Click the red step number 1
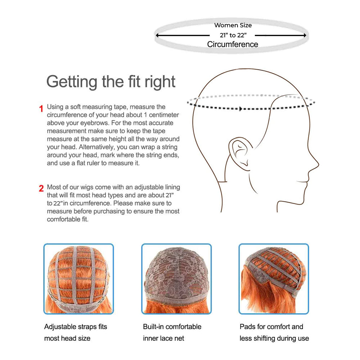click(x=41, y=109)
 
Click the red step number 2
click(x=41, y=189)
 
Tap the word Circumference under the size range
click(x=233, y=44)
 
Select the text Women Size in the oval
click(x=233, y=25)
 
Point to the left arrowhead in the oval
click(x=158, y=35)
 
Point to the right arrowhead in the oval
click(x=305, y=35)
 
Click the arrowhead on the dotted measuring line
click(x=240, y=109)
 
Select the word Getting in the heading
click(x=72, y=82)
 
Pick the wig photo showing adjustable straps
click(x=78, y=279)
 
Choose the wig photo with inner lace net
click(x=176, y=279)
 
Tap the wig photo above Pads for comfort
click(x=274, y=279)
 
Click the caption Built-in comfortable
click(x=172, y=327)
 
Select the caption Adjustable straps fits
click(x=76, y=327)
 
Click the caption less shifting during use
click(x=274, y=338)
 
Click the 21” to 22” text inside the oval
click(x=233, y=35)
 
